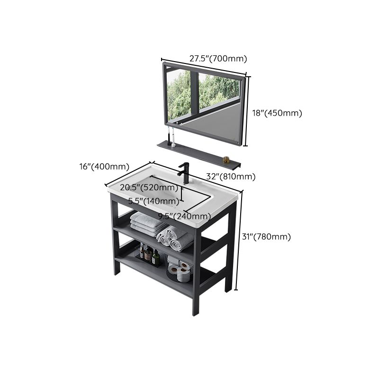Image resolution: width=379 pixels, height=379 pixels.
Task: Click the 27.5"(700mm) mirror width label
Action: click(x=218, y=59)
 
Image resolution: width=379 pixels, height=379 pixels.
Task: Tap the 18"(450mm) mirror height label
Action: click(x=276, y=113)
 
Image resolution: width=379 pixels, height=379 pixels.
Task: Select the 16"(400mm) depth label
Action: click(x=104, y=166)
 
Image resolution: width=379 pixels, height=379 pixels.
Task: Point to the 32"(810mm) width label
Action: click(x=231, y=177)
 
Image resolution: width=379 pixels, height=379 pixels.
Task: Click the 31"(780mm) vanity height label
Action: click(x=267, y=237)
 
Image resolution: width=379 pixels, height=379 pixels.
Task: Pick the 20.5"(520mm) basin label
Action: click(x=149, y=188)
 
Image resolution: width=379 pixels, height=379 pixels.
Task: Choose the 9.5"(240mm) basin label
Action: click(x=184, y=217)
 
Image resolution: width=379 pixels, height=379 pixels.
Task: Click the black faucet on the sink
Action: click(x=184, y=173)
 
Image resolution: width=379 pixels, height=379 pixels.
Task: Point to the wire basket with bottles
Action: click(x=149, y=255)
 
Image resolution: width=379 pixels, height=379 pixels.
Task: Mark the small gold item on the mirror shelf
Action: click(x=226, y=160)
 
